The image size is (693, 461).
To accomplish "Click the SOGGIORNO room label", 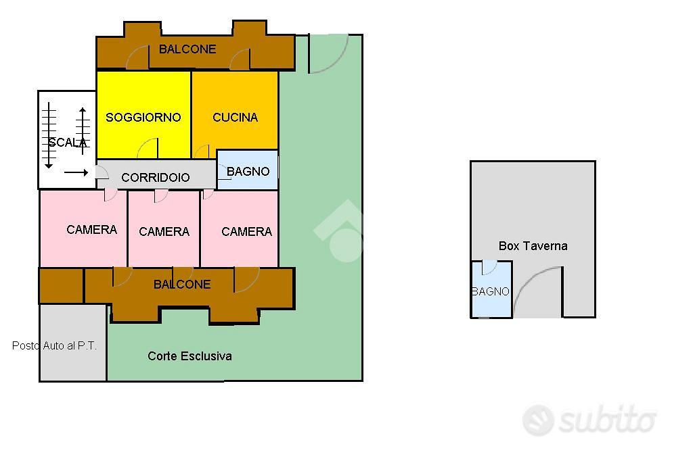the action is tap(143, 118).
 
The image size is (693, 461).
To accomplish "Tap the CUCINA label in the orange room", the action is tap(235, 118).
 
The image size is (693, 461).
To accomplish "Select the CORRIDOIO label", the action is tap(156, 178).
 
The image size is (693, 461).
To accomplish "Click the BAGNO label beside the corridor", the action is tap(248, 171).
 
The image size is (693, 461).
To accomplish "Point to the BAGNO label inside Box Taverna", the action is tap(491, 291).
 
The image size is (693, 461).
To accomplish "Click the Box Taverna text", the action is tap(533, 246).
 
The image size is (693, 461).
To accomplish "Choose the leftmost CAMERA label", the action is tap(92, 230).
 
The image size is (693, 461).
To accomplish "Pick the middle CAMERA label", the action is tap(164, 232).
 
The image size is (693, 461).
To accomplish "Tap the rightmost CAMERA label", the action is tap(246, 232).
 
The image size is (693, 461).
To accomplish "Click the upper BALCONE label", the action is tap(187, 49).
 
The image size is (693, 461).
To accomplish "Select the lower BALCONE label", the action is tap(182, 285).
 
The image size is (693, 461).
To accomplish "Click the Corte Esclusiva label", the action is tap(189, 356).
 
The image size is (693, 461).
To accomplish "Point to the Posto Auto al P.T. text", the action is tap(54, 346).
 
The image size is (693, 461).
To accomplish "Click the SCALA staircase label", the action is tap(68, 143).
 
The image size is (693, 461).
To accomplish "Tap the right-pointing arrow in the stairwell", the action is tap(76, 172).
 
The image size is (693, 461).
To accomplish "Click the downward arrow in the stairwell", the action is tap(49, 135).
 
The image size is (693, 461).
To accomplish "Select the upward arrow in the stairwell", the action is tap(83, 131).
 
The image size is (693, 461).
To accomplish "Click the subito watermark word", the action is tap(607, 420).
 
